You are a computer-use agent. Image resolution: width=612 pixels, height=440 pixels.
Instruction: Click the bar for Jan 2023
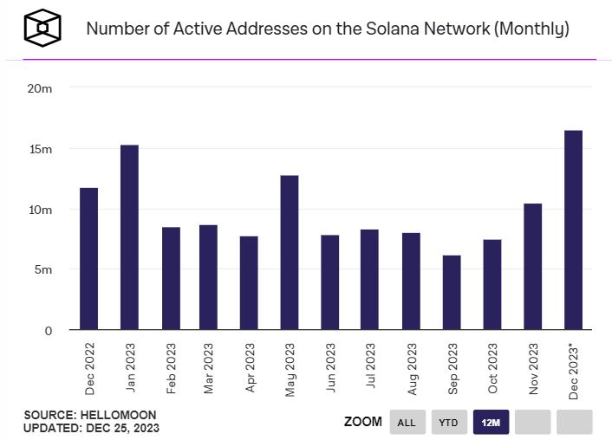coord(129,237)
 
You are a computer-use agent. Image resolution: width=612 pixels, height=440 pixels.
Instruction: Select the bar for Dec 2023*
coord(573,230)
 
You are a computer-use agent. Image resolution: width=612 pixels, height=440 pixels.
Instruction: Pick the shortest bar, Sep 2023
coord(452,293)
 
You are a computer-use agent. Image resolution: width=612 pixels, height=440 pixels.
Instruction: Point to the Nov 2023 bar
coord(532,267)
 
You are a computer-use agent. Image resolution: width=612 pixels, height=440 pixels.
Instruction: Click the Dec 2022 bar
coord(88,259)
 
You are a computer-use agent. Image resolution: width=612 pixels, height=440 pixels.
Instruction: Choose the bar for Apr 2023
coord(249,283)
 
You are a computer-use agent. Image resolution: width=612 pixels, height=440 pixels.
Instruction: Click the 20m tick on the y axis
coord(40,88)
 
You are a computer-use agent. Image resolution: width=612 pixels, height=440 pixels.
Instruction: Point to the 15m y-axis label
coord(40,149)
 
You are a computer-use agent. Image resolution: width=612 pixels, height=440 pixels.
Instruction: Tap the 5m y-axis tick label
coord(42,270)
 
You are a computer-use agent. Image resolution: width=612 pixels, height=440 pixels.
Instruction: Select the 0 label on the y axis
coord(49,331)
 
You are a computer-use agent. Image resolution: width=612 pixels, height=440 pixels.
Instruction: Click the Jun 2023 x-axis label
coord(330,367)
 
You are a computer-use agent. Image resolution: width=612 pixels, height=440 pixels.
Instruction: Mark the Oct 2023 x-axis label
coord(492,367)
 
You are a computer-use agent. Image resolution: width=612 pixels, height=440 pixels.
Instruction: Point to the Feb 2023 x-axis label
coord(171,367)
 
